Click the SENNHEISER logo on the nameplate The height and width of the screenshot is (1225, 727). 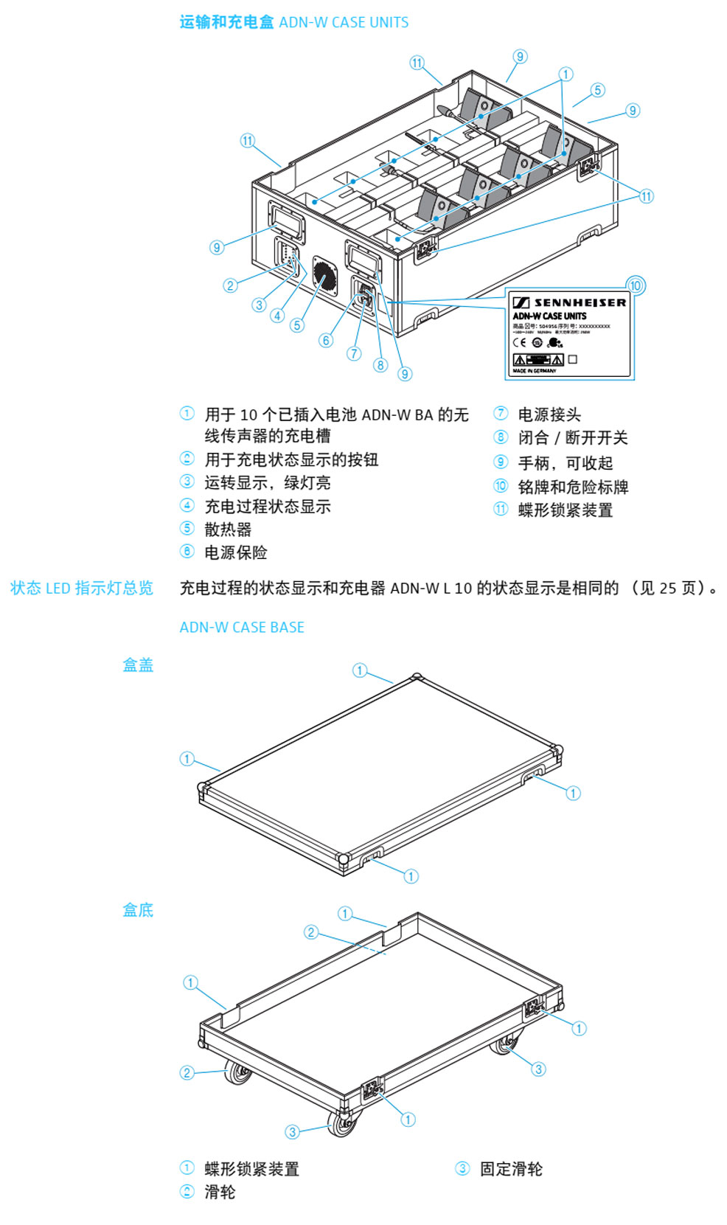tap(570, 302)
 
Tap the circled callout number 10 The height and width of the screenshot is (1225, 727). tap(635, 285)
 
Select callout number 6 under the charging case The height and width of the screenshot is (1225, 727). tap(326, 340)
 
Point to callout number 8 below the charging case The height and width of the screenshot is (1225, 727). tap(380, 364)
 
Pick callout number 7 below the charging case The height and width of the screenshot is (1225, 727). tap(354, 353)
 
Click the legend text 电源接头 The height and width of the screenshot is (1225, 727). tap(549, 414)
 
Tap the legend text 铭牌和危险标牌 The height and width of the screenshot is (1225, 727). tap(573, 487)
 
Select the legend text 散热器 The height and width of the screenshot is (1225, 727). tap(228, 530)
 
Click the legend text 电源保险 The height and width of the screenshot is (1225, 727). tap(236, 552)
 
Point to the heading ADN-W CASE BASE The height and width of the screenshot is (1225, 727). tap(242, 628)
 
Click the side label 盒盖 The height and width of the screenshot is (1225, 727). tap(138, 665)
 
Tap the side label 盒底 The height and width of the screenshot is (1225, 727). tap(138, 910)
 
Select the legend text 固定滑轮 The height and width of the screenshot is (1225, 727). tap(511, 1169)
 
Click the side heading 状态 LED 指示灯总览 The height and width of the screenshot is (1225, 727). tap(82, 589)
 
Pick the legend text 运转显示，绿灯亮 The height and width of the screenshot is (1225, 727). tap(268, 483)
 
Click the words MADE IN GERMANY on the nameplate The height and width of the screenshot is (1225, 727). tap(535, 371)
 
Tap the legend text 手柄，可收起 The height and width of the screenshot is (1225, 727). tap(566, 463)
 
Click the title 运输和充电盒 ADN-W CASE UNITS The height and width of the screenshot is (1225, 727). tap(293, 22)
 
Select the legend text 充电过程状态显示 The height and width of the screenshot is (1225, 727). tap(268, 507)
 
